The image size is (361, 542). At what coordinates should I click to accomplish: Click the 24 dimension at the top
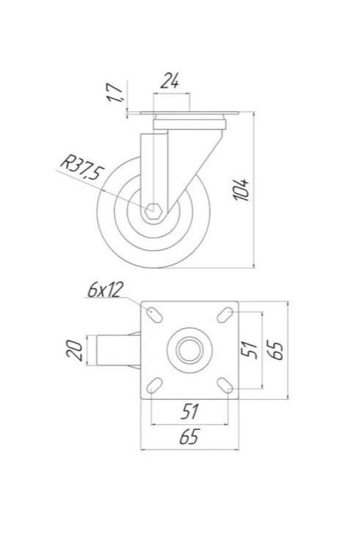coord(170,81)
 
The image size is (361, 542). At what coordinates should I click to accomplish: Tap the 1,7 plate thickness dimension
coord(115,93)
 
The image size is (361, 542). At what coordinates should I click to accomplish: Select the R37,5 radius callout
coord(82,168)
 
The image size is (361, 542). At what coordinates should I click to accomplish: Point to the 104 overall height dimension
coord(241,190)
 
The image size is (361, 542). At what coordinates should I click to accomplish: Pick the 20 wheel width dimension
coord(74,350)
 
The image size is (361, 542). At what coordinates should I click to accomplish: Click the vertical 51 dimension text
coord(249,350)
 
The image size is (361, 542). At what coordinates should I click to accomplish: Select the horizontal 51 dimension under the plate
coord(190,411)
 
